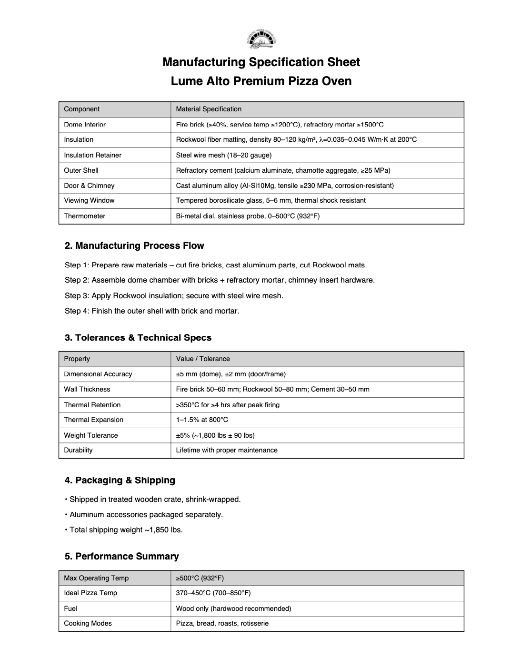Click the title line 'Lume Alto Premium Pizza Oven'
[x=261, y=81]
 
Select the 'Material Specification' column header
[x=209, y=109]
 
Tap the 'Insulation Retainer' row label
[x=93, y=155]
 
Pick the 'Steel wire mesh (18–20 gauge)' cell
[x=224, y=155]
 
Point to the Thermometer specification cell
[x=248, y=216]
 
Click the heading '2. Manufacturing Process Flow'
[x=134, y=245]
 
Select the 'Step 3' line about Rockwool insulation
[x=174, y=295]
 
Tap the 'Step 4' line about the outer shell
[x=152, y=311]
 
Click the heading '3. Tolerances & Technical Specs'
[x=138, y=337]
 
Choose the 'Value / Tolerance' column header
[x=203, y=359]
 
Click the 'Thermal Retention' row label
[x=92, y=405]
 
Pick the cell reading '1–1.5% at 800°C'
[x=202, y=420]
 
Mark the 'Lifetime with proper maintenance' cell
[x=227, y=450]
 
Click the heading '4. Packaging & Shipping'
[x=120, y=480]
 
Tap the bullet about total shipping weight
[x=126, y=530]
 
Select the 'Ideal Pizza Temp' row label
[x=90, y=593]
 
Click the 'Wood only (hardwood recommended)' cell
[x=233, y=608]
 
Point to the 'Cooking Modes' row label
[x=88, y=623]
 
